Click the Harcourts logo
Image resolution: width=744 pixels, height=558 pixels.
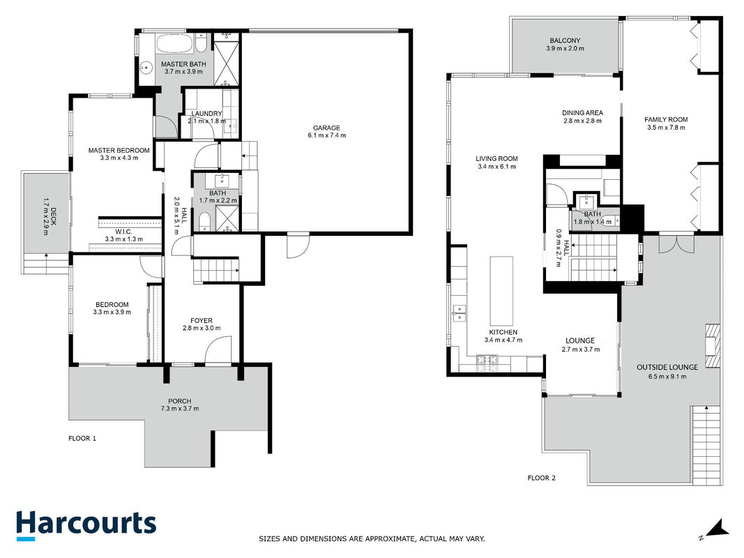(x=86, y=525)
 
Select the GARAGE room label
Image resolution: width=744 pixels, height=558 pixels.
(x=326, y=128)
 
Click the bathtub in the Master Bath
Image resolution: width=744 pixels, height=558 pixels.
(x=174, y=44)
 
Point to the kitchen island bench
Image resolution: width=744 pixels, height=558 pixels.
(x=501, y=290)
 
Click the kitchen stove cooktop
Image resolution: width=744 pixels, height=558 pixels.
(x=487, y=363)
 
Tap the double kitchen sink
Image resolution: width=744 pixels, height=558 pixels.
(x=459, y=313)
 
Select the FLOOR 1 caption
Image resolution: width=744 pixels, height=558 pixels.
(x=82, y=439)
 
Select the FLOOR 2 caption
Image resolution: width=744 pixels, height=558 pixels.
(x=541, y=478)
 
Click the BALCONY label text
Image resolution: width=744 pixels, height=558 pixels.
(x=565, y=41)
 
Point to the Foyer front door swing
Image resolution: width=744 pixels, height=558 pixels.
(x=218, y=349)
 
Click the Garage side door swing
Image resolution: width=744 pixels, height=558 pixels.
(x=298, y=246)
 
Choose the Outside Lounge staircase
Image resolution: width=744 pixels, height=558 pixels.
(x=706, y=445)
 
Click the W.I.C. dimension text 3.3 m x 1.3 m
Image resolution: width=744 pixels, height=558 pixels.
(x=124, y=239)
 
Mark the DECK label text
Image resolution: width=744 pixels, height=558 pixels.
(x=53, y=216)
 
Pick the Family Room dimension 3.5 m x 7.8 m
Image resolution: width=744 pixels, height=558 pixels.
(x=666, y=127)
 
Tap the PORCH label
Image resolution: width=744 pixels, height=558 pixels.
(x=180, y=401)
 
